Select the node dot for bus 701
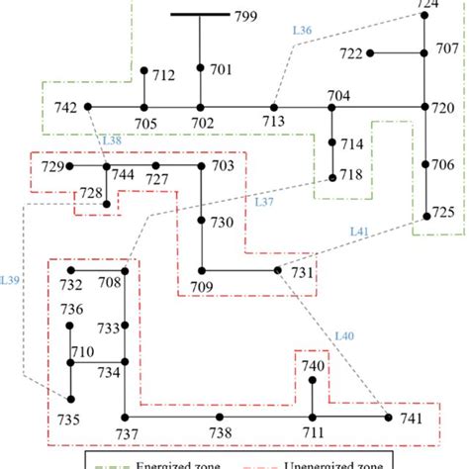tap(200, 68)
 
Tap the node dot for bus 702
tap(200, 107)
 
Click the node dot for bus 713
tap(274, 107)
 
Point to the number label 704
tap(339, 95)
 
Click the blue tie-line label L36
tap(303, 32)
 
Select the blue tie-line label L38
tap(112, 141)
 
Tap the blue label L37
tap(264, 202)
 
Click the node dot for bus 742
tap(87, 107)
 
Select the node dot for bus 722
tap(369, 52)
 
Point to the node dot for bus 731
tap(276, 270)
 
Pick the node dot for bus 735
tap(70, 398)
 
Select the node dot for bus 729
tap(68, 166)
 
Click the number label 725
tap(443, 213)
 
